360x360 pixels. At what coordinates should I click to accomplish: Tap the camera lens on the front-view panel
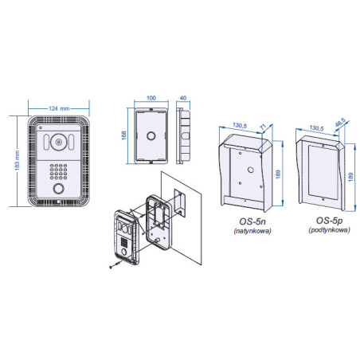pos(59,143)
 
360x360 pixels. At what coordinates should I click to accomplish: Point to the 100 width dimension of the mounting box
pos(150,100)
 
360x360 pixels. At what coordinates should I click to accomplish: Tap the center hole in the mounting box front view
pos(150,136)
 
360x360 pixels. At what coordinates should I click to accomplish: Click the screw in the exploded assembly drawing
pos(109,269)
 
